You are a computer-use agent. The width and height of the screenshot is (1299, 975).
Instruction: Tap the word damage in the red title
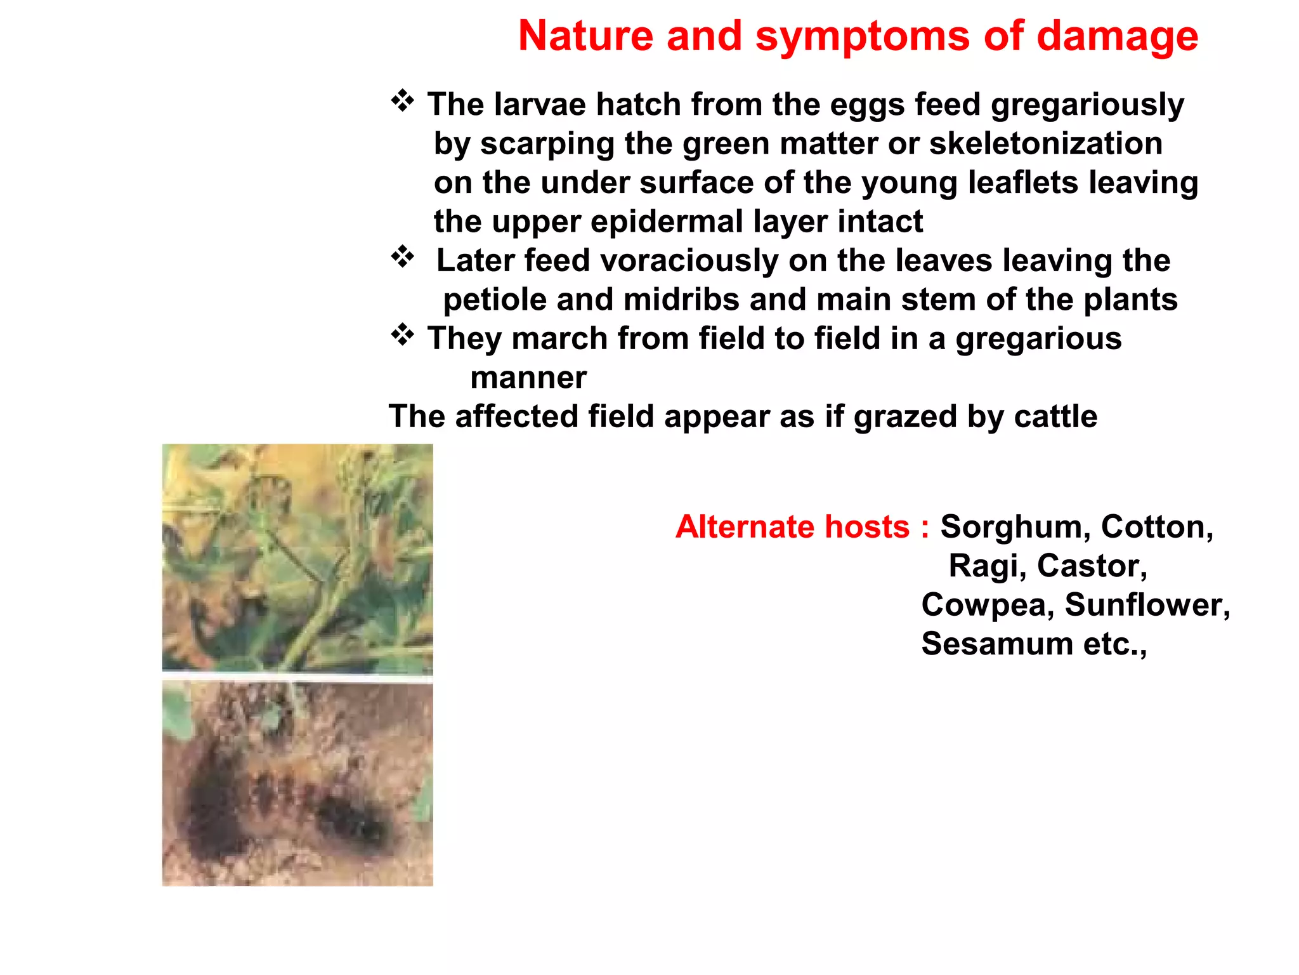pyautogui.click(x=1117, y=36)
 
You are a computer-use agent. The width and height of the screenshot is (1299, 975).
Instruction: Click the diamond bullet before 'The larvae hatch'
pyautogui.click(x=402, y=101)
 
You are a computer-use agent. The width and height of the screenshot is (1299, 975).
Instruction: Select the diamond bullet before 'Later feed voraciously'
pyautogui.click(x=402, y=257)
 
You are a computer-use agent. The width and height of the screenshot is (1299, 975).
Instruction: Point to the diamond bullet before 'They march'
pyautogui.click(x=402, y=335)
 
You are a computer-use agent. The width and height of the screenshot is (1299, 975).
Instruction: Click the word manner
pyautogui.click(x=528, y=378)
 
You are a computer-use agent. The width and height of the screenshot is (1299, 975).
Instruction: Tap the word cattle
pyautogui.click(x=1055, y=416)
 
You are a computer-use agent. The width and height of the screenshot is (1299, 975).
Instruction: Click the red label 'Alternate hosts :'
pyautogui.click(x=802, y=527)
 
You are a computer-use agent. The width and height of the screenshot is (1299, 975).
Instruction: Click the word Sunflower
pyautogui.click(x=1147, y=605)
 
